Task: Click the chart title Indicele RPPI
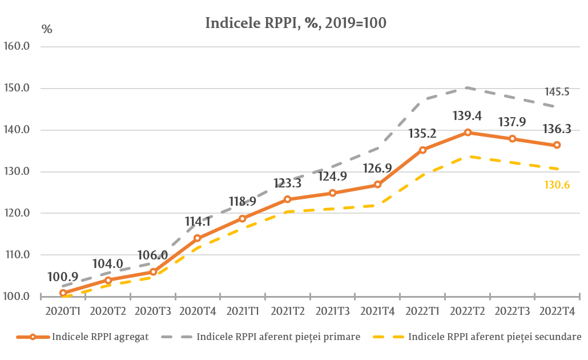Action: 296,23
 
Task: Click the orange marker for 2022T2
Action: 468,133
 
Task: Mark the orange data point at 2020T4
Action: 198,238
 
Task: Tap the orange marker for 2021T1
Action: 243,218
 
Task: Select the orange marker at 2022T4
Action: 557,145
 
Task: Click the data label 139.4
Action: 468,117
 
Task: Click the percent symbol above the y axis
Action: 47,30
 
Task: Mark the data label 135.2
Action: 423,134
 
